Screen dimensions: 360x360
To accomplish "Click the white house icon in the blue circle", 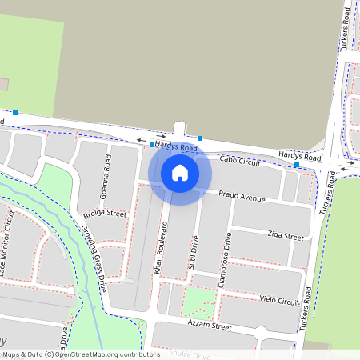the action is pyautogui.click(x=180, y=172).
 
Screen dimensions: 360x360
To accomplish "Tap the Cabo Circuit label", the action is pyautogui.click(x=240, y=162).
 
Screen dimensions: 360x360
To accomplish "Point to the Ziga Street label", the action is pyautogui.click(x=285, y=236).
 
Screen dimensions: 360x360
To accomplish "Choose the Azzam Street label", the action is pyautogui.click(x=210, y=326).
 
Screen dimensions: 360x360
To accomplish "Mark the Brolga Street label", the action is pyautogui.click(x=105, y=214).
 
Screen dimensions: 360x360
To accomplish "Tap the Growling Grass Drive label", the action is pyautogui.click(x=94, y=256).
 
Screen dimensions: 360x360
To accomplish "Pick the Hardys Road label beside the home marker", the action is pyautogui.click(x=176, y=147).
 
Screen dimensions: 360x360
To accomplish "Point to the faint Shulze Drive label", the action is pyautogui.click(x=190, y=354).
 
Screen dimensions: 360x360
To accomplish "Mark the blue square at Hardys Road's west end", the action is pyautogui.click(x=14, y=113).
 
